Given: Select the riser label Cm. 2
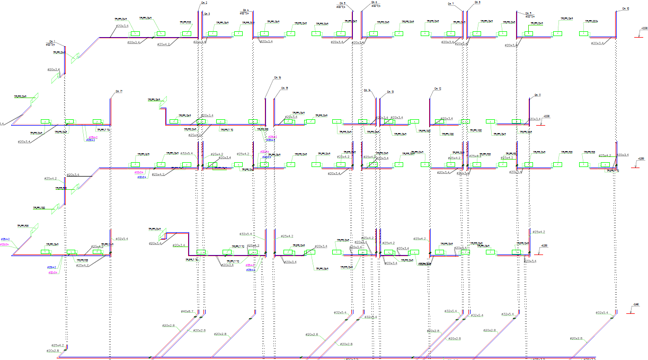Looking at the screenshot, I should click(x=205, y=3).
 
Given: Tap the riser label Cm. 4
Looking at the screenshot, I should click(x=245, y=10).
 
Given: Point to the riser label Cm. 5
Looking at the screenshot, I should click(x=341, y=3).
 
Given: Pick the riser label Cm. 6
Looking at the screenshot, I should click(x=375, y=3).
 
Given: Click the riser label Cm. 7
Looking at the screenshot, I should click(x=451, y=4).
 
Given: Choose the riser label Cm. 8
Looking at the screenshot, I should click(x=477, y=3).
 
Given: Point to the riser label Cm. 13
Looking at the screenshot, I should click(x=390, y=92).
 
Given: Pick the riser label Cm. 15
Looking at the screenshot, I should click(x=284, y=88).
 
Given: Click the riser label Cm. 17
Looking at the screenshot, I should click(x=119, y=92).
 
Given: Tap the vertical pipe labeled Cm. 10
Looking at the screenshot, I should click(x=616, y=24).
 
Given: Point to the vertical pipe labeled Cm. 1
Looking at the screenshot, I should click(x=65, y=58).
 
